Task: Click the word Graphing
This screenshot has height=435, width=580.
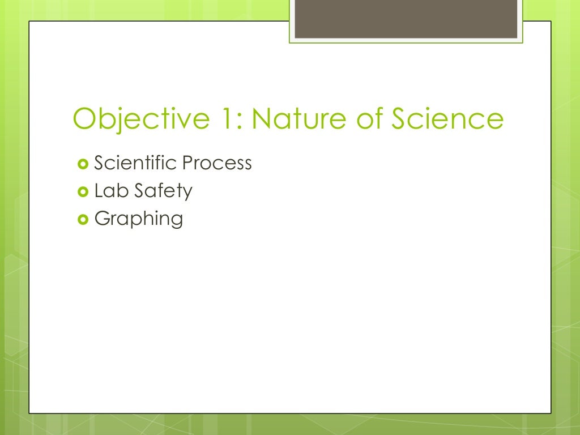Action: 139,219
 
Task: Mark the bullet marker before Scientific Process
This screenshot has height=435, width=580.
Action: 82,164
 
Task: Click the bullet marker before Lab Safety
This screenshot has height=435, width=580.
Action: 82,191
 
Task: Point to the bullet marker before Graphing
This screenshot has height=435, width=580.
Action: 82,219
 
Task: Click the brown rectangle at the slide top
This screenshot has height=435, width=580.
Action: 406,19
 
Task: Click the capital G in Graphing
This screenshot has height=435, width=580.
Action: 102,218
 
